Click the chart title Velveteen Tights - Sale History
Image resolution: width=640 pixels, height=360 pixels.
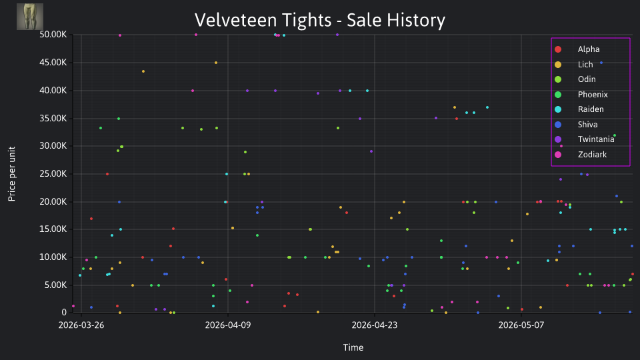click(x=319, y=20)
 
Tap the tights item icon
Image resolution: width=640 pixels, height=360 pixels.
click(x=30, y=17)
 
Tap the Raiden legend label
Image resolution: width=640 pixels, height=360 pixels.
click(x=591, y=109)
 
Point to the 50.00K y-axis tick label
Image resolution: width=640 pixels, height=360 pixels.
click(x=53, y=35)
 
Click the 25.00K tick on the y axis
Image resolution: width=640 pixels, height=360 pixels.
click(x=53, y=174)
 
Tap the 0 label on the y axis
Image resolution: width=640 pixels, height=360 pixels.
click(x=64, y=312)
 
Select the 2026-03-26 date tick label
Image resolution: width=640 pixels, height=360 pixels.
click(x=81, y=325)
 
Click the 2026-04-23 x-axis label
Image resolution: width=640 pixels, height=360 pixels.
click(x=374, y=325)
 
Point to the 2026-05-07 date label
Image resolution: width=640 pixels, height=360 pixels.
click(x=521, y=325)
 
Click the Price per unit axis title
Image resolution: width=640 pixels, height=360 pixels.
click(x=12, y=174)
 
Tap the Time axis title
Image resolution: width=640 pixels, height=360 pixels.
click(x=353, y=347)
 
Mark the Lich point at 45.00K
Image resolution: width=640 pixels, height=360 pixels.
click(x=216, y=63)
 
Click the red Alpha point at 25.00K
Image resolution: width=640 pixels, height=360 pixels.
click(x=107, y=174)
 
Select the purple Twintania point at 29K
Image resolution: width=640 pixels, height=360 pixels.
click(x=371, y=151)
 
